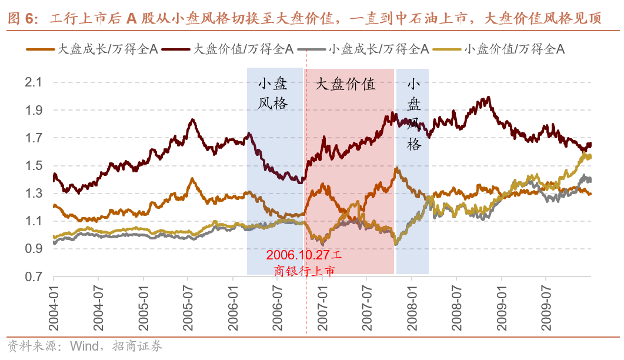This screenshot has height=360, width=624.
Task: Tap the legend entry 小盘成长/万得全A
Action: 376,49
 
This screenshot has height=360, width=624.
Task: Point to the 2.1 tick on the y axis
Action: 34,83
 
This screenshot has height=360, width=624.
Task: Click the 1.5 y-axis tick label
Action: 34,166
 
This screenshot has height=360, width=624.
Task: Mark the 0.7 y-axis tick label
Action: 34,277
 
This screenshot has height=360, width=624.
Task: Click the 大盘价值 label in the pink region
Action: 346,84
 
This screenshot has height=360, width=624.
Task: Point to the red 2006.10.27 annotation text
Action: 299,256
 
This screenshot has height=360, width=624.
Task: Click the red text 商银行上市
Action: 305,271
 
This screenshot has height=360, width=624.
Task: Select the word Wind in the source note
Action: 84,345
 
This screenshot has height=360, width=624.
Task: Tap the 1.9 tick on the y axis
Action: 34,111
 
